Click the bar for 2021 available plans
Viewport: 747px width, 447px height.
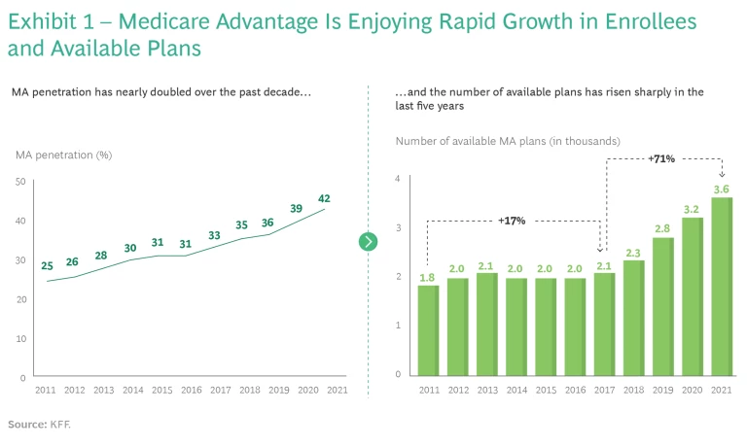point(721,287)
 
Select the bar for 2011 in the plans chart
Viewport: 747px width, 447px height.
point(429,330)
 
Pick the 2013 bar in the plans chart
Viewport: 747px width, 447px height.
point(487,324)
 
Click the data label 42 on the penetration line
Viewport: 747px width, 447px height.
point(324,198)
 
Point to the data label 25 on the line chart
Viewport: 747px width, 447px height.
point(47,265)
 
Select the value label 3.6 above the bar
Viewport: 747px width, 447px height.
point(721,189)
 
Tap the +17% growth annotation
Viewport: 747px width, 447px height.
point(512,221)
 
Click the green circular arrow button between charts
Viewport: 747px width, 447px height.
point(368,242)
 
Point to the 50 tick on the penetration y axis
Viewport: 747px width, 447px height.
point(20,182)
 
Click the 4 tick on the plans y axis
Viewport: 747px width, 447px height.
point(399,179)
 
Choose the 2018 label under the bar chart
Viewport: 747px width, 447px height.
point(633,390)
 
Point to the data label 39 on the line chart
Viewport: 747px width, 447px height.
point(297,209)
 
